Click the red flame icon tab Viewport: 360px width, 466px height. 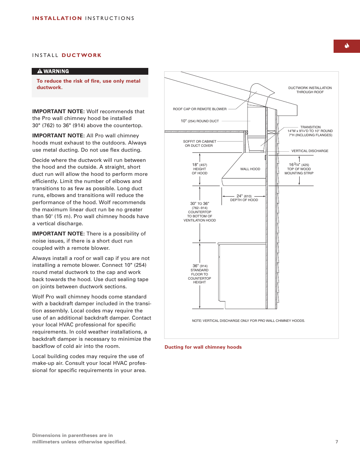[346, 46]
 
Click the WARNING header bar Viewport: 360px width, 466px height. [90, 71]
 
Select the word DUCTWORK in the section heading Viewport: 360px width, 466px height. [82, 55]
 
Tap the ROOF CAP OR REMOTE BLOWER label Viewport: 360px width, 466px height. [200, 109]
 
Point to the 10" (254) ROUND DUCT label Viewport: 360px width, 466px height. [200, 121]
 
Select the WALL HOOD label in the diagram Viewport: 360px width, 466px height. [250, 169]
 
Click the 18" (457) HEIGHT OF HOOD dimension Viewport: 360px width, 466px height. [200, 169]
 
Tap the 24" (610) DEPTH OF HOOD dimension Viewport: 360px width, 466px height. [244, 198]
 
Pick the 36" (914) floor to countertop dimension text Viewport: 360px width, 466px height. [200, 274]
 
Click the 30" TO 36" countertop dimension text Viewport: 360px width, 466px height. [200, 212]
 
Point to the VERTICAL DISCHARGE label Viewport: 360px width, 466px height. [309, 151]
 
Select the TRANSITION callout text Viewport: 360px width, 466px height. [310, 131]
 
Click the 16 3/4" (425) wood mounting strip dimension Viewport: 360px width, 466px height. [299, 169]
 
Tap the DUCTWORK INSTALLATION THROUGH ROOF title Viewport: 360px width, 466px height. [310, 90]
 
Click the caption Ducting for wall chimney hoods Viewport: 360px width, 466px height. [203, 347]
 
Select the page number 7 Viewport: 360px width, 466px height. [337, 442]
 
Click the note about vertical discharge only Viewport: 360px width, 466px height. [248, 321]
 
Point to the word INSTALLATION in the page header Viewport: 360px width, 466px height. [57, 18]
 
